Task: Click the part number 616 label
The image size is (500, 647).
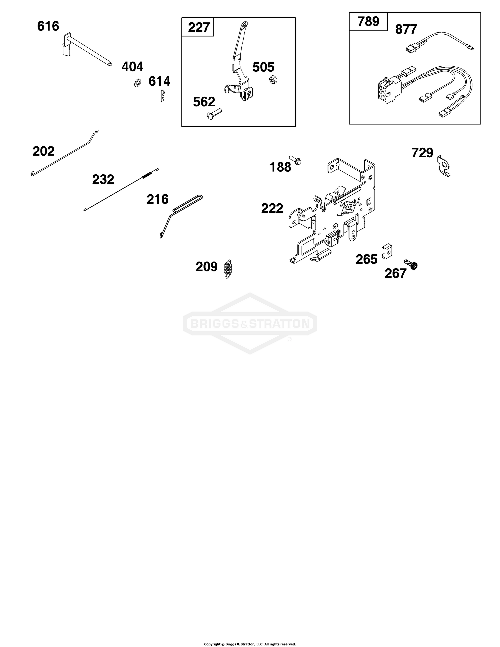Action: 48,26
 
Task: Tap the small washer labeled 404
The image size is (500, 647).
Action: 137,83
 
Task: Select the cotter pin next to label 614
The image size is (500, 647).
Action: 162,96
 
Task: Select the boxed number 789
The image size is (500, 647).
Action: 368,22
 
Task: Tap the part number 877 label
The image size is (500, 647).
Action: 406,29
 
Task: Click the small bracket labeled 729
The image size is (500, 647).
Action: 444,166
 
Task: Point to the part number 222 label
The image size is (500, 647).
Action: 272,208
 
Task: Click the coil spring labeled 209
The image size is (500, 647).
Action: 228,268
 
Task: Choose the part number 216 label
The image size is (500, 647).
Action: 157,199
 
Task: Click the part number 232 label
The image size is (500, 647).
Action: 103,179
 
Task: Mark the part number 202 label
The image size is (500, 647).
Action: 43,151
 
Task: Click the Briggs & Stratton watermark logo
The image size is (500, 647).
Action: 250,323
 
